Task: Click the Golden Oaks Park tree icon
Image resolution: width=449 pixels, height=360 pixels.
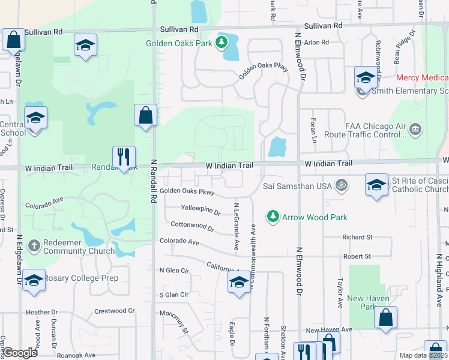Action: click(222, 42)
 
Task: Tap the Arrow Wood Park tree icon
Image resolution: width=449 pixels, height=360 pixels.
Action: click(273, 215)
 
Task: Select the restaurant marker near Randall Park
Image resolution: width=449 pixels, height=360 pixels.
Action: click(124, 157)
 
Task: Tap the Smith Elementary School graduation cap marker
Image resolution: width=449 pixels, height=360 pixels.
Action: click(365, 77)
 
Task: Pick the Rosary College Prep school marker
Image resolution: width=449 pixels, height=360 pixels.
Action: click(34, 280)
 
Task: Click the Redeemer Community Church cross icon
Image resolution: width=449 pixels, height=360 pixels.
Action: click(34, 246)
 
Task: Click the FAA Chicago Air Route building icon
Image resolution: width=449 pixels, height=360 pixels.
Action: click(415, 130)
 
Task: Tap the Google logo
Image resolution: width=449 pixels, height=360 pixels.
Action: click(19, 352)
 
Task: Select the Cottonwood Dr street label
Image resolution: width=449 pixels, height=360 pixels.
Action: click(192, 227)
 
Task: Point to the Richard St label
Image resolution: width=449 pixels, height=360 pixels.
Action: click(357, 238)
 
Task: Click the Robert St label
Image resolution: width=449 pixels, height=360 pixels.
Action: click(357, 256)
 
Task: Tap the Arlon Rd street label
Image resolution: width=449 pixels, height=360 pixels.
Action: click(316, 43)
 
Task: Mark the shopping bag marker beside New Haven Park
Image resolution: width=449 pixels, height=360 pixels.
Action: click(385, 317)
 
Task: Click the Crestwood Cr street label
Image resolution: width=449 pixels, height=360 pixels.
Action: click(114, 311)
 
